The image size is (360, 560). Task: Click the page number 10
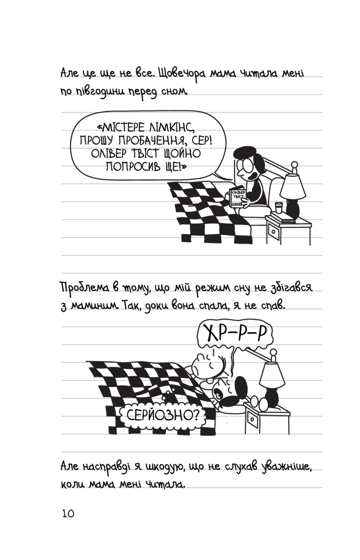click(x=68, y=513)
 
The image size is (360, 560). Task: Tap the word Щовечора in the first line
click(x=182, y=74)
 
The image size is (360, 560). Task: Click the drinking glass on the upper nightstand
click(x=279, y=208)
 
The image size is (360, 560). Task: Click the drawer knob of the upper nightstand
click(x=273, y=232)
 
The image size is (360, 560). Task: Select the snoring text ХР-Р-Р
click(x=236, y=334)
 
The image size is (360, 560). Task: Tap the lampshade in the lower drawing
click(x=272, y=375)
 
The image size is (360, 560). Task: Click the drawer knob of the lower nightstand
click(x=252, y=419)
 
